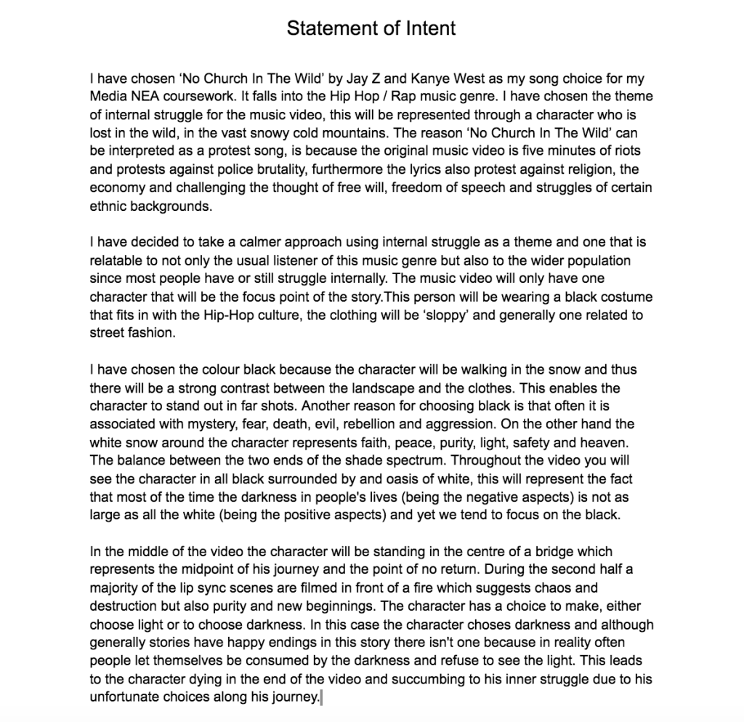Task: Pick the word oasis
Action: click(446, 478)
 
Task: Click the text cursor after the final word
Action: click(320, 697)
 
